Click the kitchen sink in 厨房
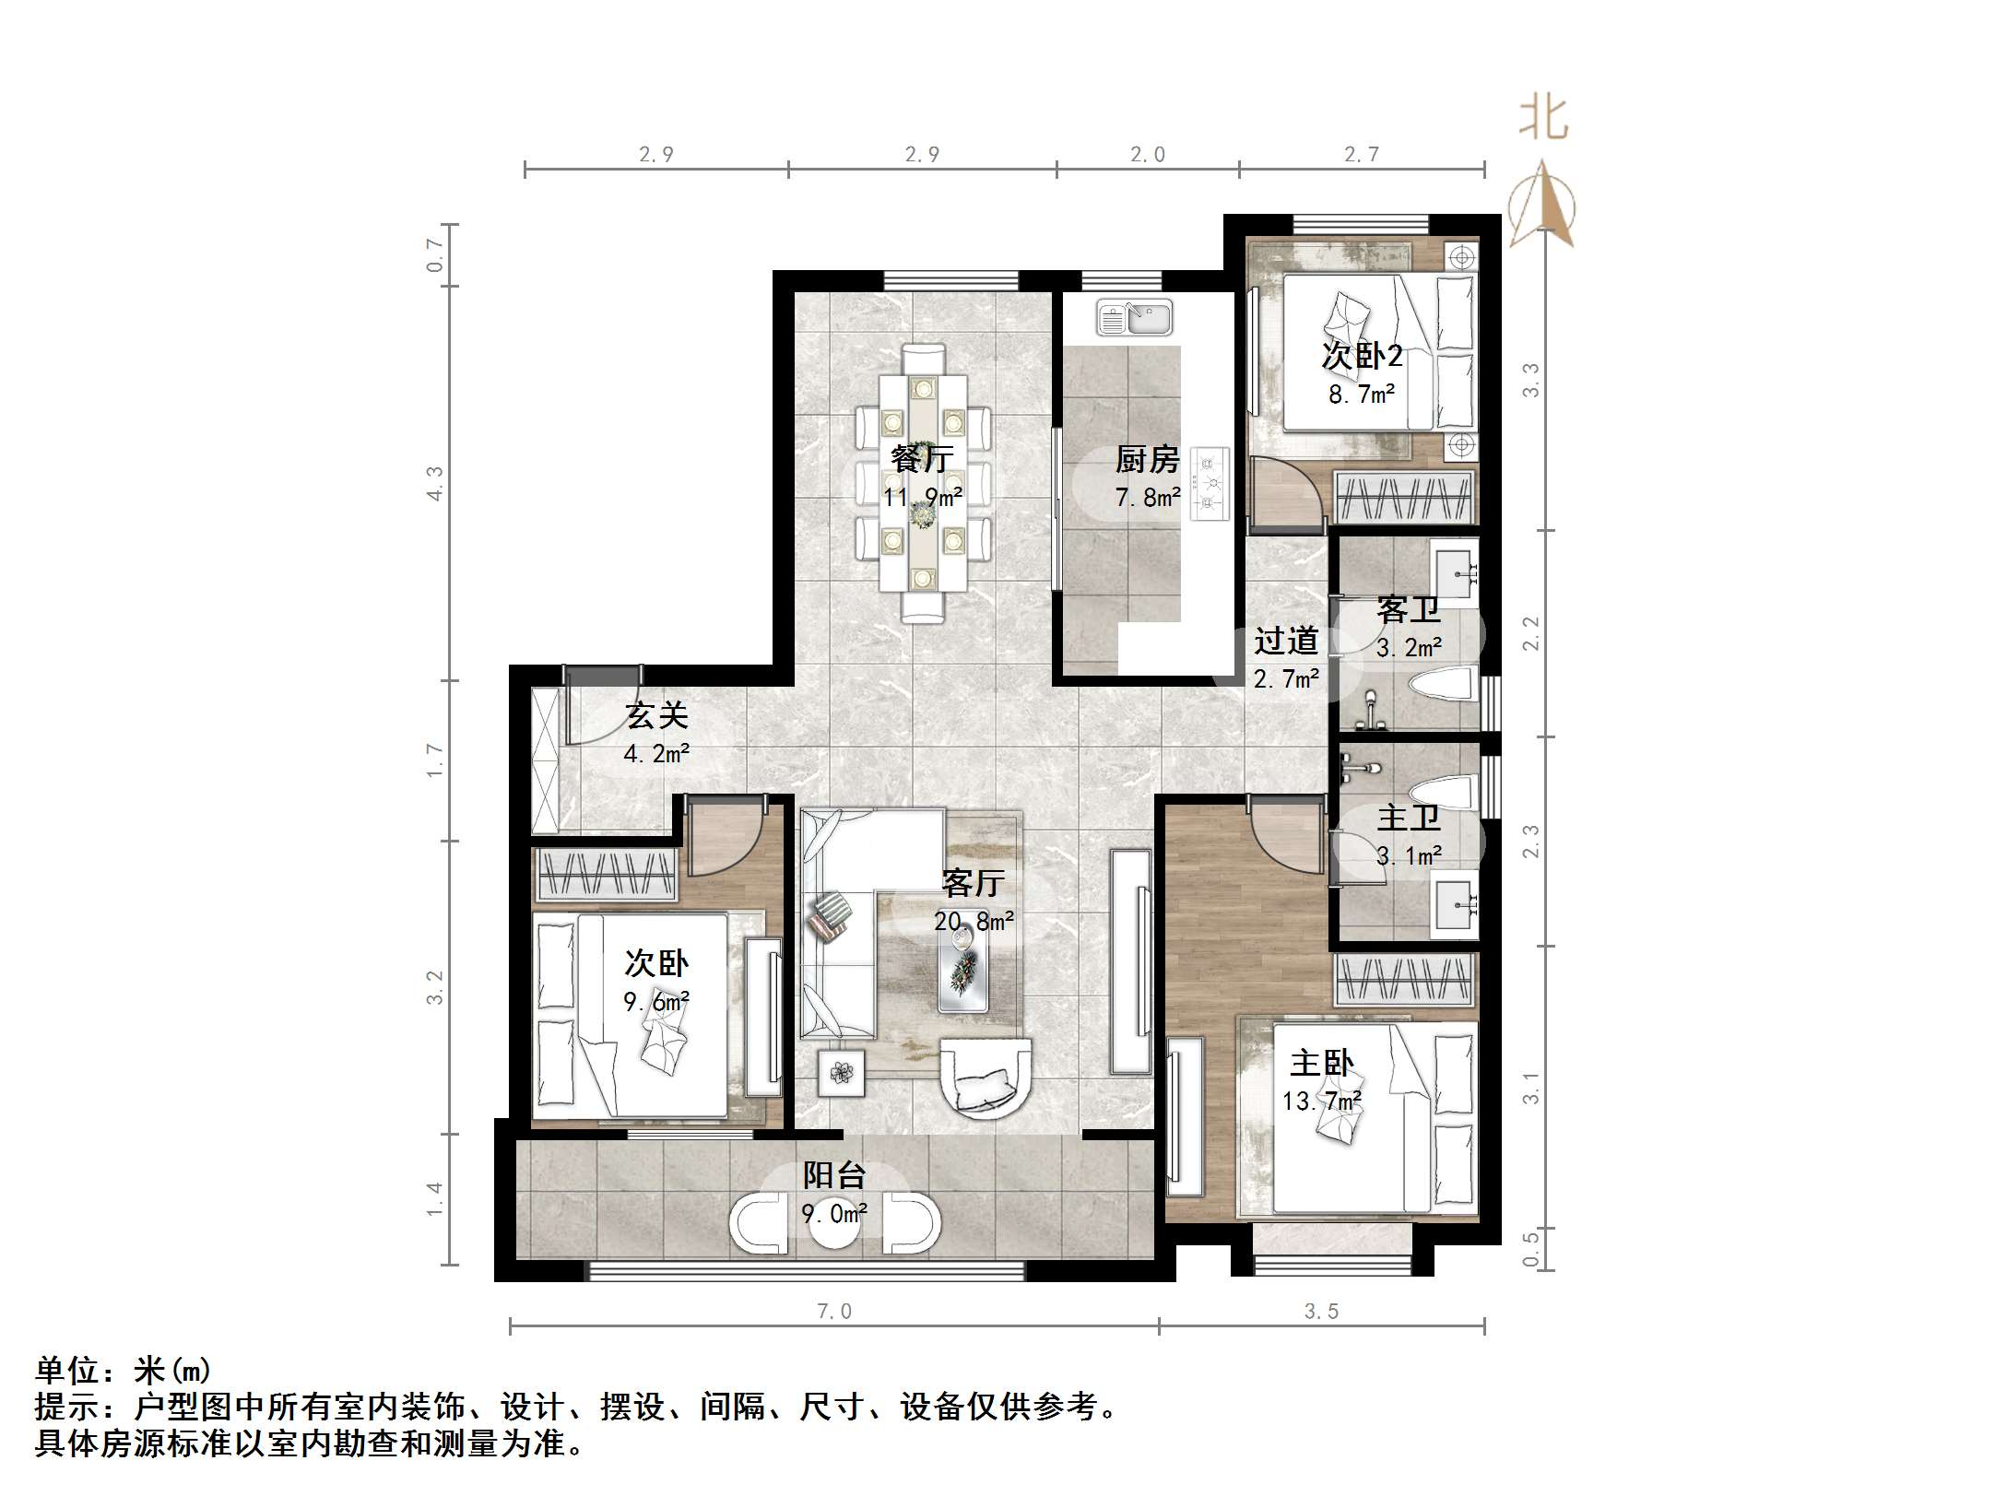click(1134, 318)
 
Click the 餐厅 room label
click(922, 458)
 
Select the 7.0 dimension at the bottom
click(834, 1312)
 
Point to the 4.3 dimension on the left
click(434, 484)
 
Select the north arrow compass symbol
click(1542, 207)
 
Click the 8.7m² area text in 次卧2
click(1361, 395)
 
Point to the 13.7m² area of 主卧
click(1321, 1101)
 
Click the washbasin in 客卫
click(1454, 565)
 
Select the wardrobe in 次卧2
click(1404, 498)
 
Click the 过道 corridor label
click(1285, 640)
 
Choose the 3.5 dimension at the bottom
click(1321, 1312)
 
